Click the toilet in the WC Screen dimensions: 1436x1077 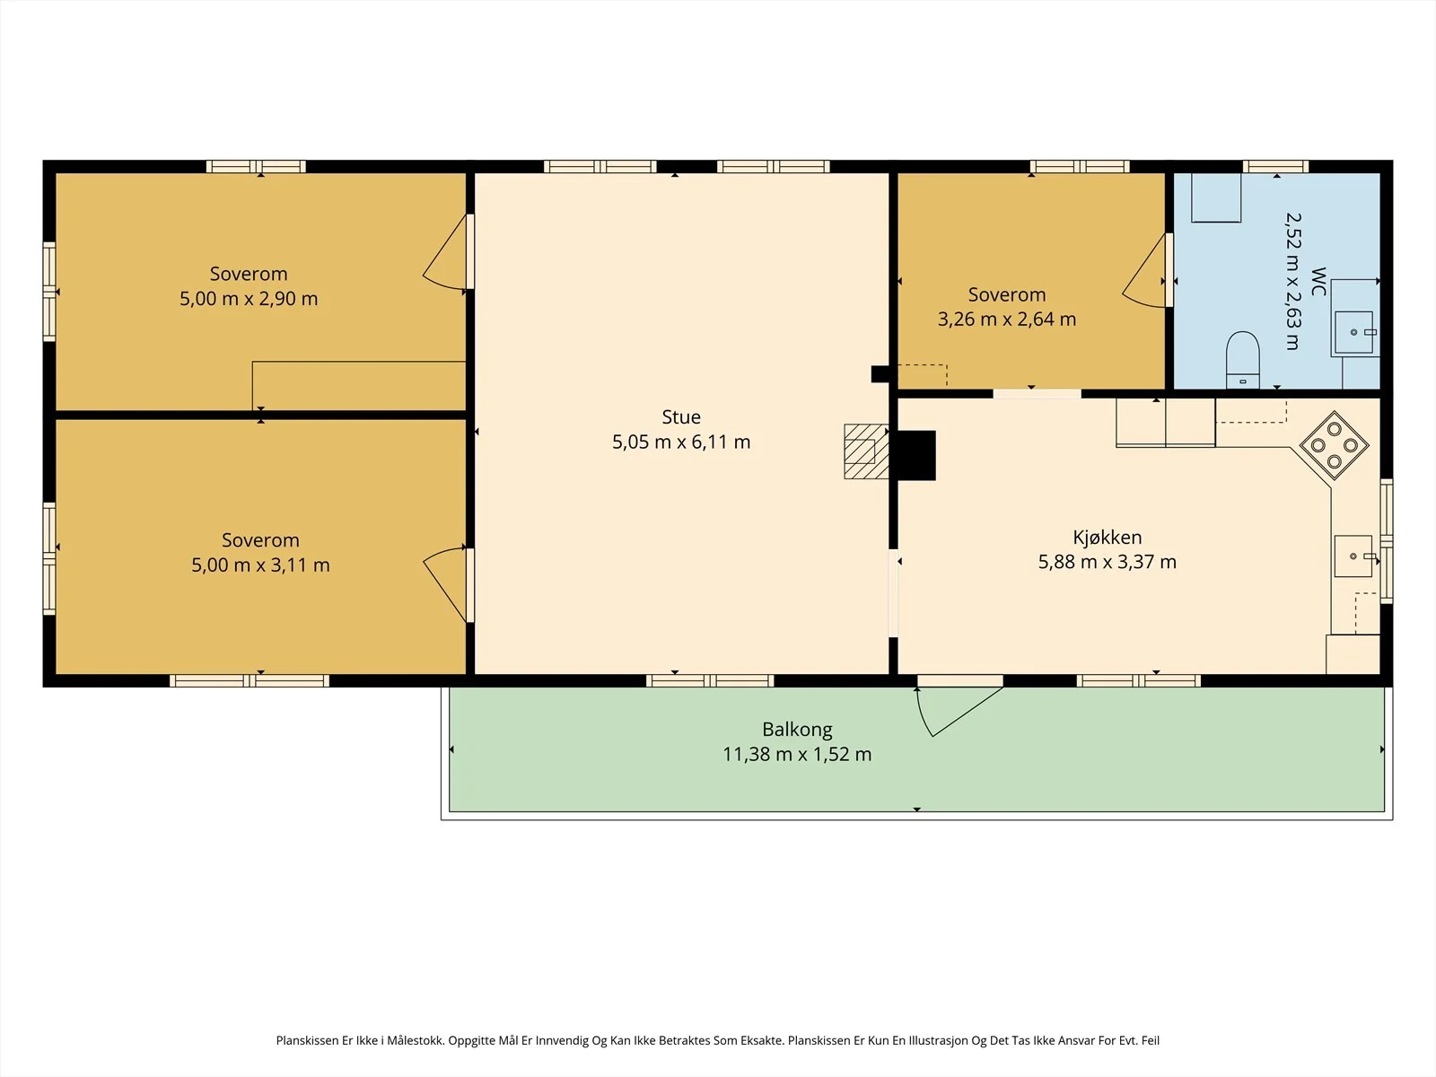pos(1242,360)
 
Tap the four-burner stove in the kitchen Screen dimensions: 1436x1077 pos(1334,445)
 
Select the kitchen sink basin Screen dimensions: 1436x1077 pos(1353,556)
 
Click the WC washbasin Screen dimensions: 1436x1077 pos(1353,332)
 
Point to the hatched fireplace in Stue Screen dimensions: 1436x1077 pos(865,451)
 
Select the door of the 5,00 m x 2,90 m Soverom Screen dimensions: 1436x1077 pos(448,252)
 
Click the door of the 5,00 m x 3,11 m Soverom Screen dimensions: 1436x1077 pos(448,584)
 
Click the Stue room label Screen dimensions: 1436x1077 pos(681,416)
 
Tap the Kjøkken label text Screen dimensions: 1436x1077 pos(1107,538)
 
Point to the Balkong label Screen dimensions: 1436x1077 pos(797,729)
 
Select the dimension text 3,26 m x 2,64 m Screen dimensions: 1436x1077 pos(1007,320)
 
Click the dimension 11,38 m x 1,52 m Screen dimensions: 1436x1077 pos(797,754)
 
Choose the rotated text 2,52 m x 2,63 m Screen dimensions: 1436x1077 pos(1292,281)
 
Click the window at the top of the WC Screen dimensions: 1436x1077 pos(1275,166)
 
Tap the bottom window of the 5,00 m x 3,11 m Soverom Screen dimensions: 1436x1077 pos(250,680)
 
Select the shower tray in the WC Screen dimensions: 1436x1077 pos(1215,197)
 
